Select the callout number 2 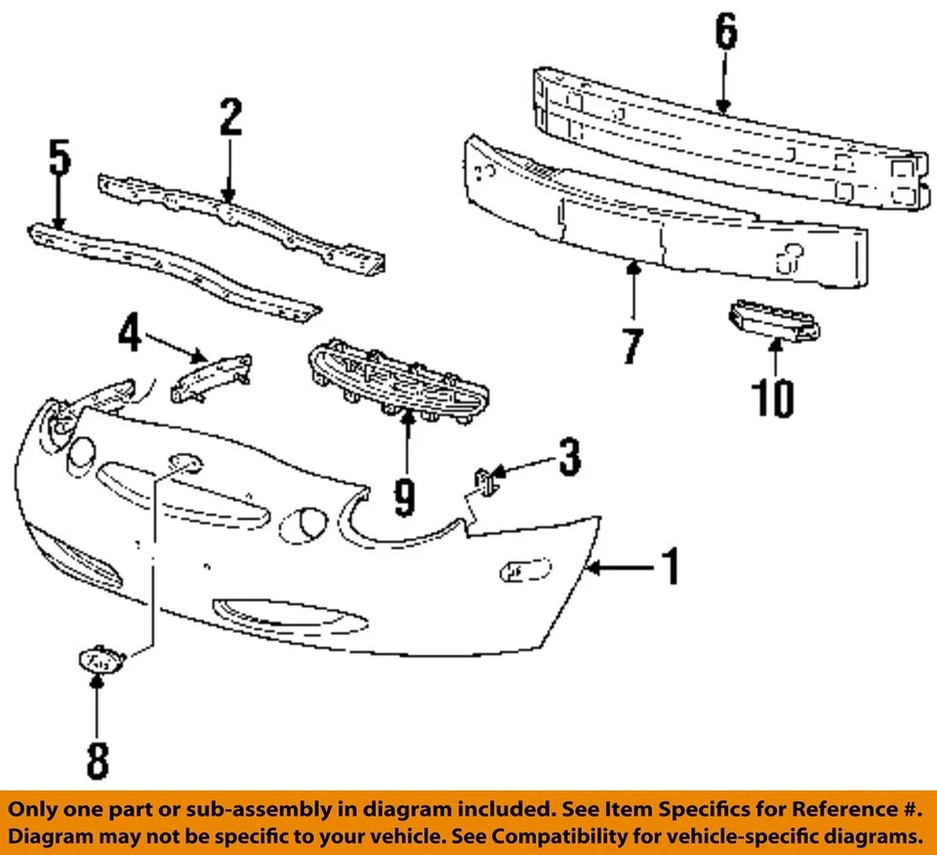229,117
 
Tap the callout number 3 568,457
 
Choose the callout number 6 724,34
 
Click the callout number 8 97,758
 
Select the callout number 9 404,495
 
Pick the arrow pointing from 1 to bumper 620,567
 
